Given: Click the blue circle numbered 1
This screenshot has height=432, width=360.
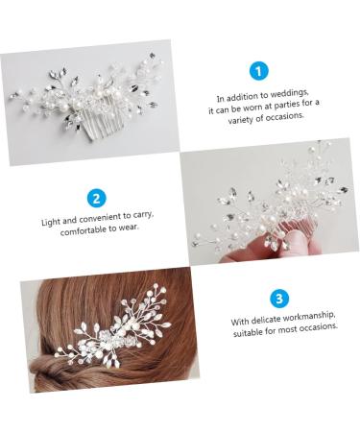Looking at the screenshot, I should click(x=258, y=71).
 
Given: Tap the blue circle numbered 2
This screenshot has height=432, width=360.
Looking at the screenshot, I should click(x=96, y=199).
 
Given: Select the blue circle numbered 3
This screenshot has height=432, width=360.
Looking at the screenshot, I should click(x=278, y=298).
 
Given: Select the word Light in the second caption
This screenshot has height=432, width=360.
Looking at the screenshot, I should click(x=51, y=222).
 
